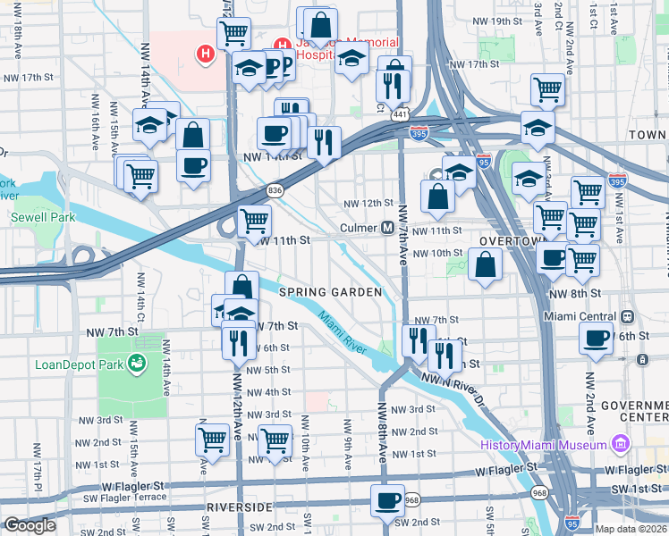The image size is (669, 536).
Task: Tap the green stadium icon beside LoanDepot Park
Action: pyautogui.click(x=137, y=364)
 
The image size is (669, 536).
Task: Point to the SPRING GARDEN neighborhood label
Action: pyautogui.click(x=330, y=292)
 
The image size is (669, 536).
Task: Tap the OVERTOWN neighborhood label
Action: pyautogui.click(x=511, y=242)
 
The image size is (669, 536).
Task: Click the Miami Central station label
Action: pyautogui.click(x=580, y=317)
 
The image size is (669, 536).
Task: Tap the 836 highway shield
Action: pyautogui.click(x=275, y=189)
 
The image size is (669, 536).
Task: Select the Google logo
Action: pyautogui.click(x=29, y=525)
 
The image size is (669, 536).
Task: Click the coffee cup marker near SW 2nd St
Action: pyautogui.click(x=388, y=499)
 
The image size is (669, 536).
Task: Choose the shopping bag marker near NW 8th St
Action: pyautogui.click(x=484, y=265)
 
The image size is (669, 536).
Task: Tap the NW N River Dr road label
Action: pyautogui.click(x=461, y=383)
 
